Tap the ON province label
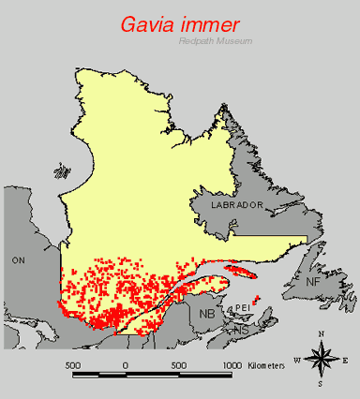pos(18,258)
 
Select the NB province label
pos(206,315)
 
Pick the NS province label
pos(241,331)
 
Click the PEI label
pos(242,306)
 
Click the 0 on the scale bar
pos(126,364)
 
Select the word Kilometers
pos(269,364)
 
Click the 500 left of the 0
pos(72,364)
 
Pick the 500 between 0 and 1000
pos(177,364)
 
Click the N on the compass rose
pos(322,334)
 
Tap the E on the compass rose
pos(345,360)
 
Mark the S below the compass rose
pos(321,383)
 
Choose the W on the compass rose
pos(297,360)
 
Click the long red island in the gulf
pos(242,273)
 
